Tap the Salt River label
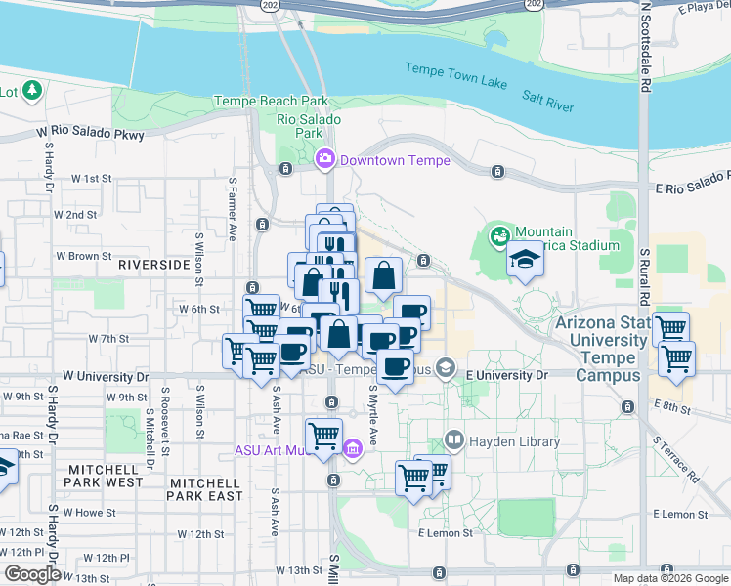pos(547,101)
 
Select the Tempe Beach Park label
pos(271,102)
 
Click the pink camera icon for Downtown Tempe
pos(325,158)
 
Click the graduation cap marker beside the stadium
pos(525,261)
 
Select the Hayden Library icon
pos(453,441)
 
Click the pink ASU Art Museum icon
pos(352,449)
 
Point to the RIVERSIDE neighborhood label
pos(153,265)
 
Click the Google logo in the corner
pos(31,574)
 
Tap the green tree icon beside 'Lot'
pos(32,91)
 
